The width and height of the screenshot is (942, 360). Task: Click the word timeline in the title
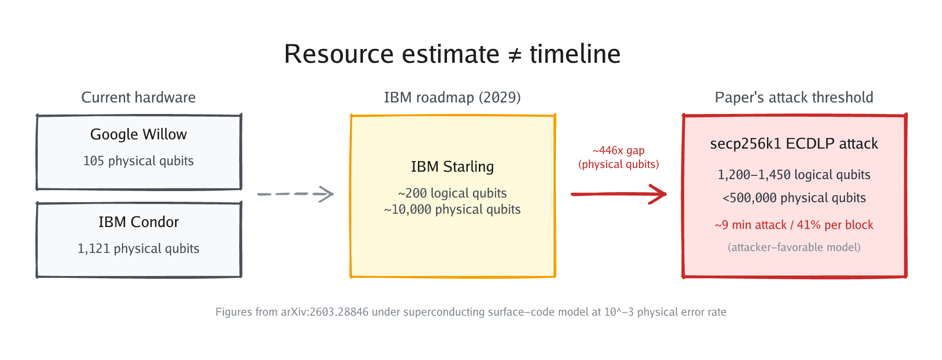pyautogui.click(x=575, y=54)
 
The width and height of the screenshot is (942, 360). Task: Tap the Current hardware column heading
pyautogui.click(x=139, y=97)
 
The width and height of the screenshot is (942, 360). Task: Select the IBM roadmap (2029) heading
pyautogui.click(x=452, y=97)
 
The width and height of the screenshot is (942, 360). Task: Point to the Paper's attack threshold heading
pyautogui.click(x=794, y=97)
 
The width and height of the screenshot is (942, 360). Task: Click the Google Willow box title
pyautogui.click(x=139, y=134)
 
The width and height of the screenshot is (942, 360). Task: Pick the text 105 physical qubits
pyautogui.click(x=139, y=161)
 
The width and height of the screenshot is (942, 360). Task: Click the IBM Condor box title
pyautogui.click(x=139, y=222)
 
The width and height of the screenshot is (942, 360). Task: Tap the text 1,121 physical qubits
pyautogui.click(x=139, y=248)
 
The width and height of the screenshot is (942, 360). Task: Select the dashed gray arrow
pyautogui.click(x=296, y=194)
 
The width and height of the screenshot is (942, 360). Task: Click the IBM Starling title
pyautogui.click(x=452, y=167)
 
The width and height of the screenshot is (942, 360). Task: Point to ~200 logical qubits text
pyautogui.click(x=452, y=193)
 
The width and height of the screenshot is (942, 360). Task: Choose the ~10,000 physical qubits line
pyautogui.click(x=452, y=210)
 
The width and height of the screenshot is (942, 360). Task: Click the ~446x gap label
pyautogui.click(x=619, y=150)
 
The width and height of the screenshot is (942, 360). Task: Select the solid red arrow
pyautogui.click(x=619, y=194)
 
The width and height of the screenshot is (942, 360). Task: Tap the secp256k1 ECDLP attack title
pyautogui.click(x=794, y=144)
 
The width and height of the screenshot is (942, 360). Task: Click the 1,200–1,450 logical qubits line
pyautogui.click(x=794, y=174)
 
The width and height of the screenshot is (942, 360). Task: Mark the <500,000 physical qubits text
pyautogui.click(x=794, y=198)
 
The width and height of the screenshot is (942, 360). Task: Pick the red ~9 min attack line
pyautogui.click(x=794, y=225)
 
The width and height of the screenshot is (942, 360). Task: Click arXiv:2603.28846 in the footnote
pyautogui.click(x=325, y=312)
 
